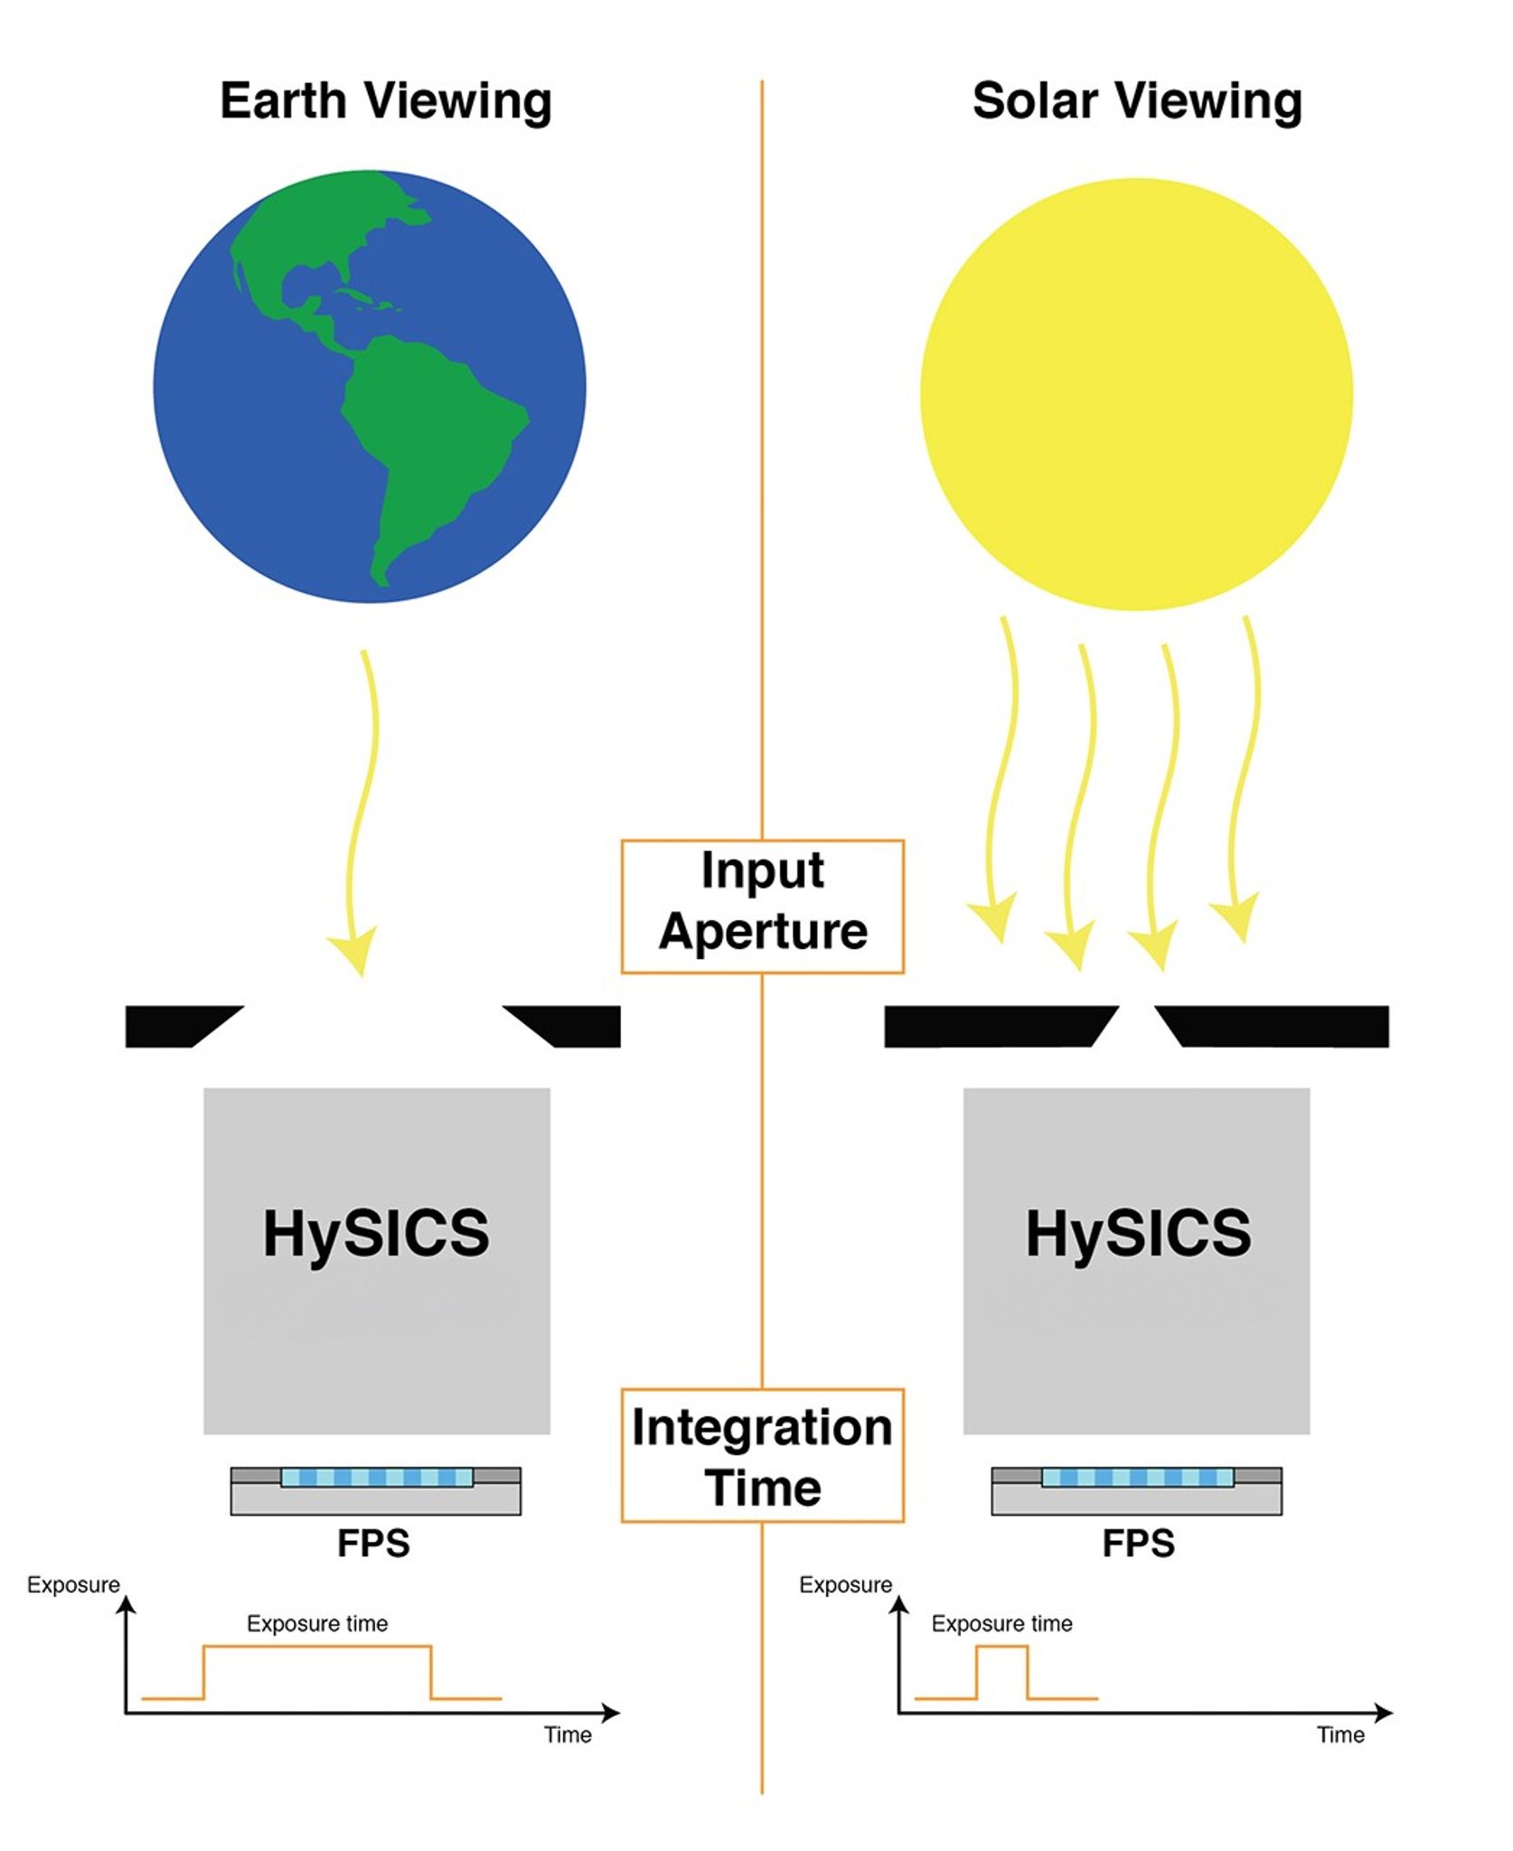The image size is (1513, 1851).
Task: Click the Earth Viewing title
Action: (386, 101)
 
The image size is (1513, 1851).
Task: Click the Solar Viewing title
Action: (1137, 101)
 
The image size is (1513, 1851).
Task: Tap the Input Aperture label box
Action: (763, 907)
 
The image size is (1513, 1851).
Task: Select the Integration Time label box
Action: (763, 1456)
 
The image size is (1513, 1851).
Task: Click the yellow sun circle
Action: (1136, 394)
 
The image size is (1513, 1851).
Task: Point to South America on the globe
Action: (425, 452)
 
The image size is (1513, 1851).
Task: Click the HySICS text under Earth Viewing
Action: (376, 1233)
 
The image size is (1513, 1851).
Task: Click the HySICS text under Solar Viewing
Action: (1138, 1233)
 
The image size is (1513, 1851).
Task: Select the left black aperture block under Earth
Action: (183, 1027)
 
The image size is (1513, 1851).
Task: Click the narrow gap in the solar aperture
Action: (1137, 1027)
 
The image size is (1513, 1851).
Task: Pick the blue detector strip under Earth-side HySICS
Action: (376, 1477)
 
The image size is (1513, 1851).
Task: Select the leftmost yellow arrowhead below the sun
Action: (994, 920)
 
